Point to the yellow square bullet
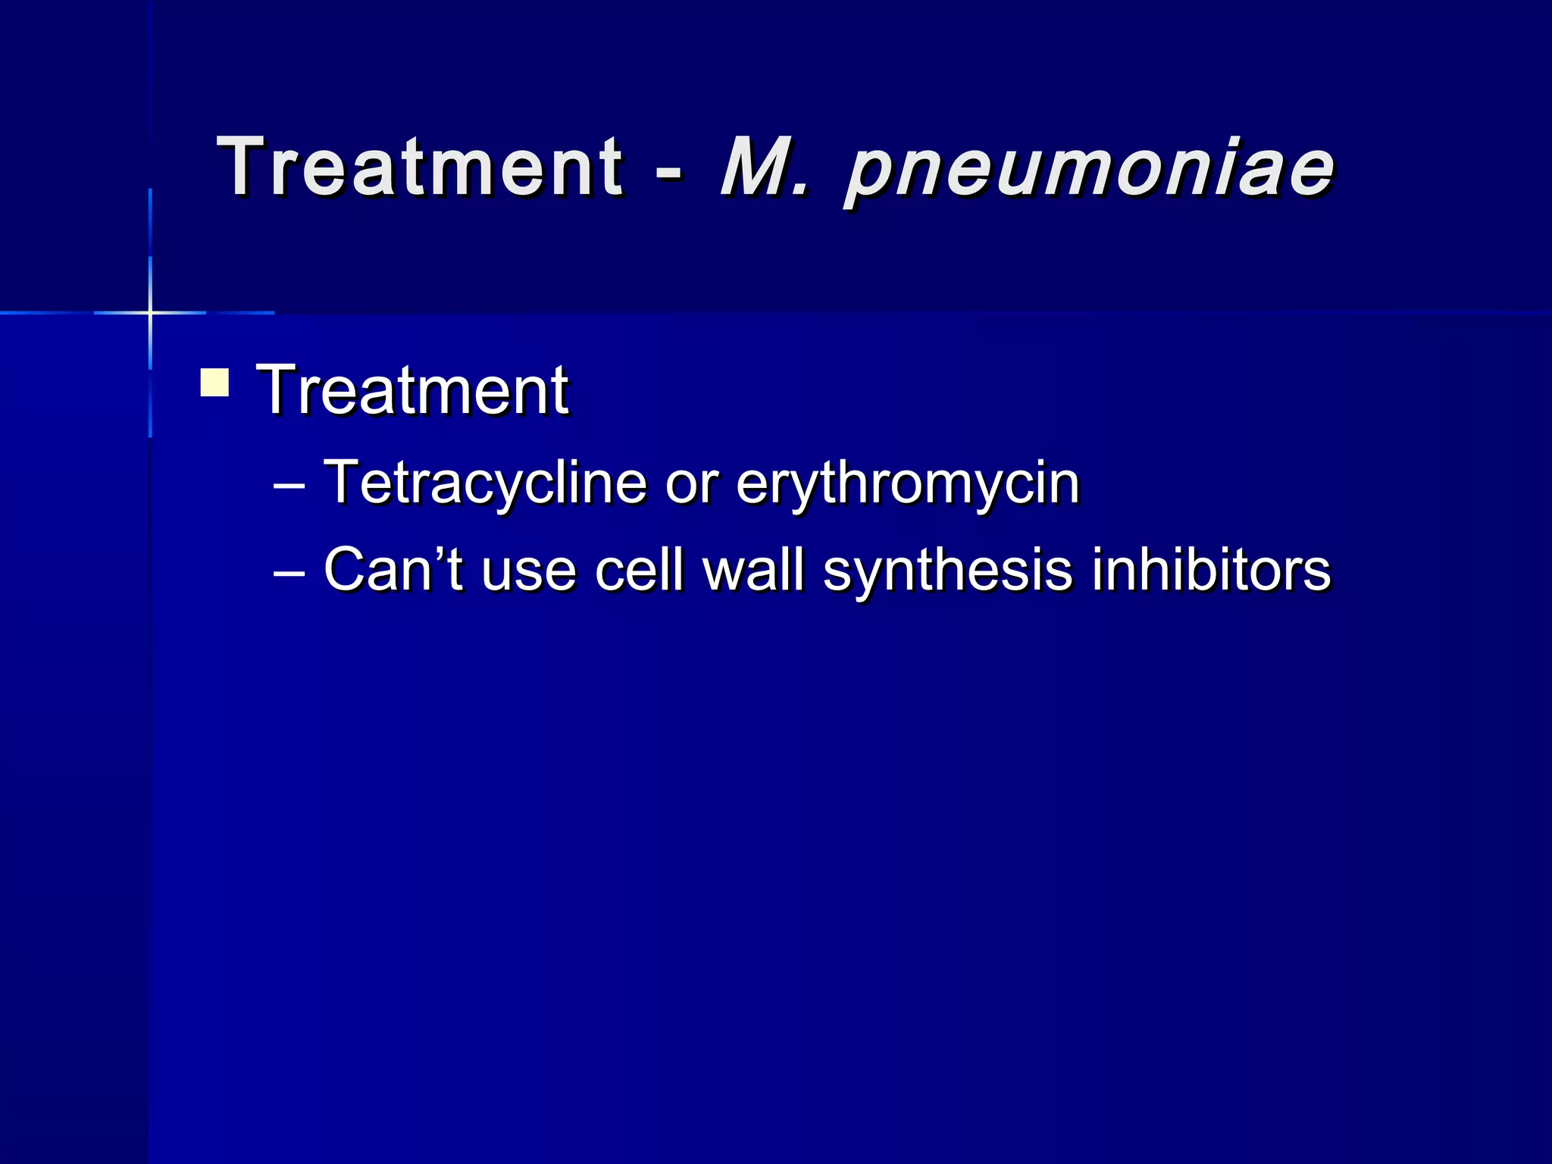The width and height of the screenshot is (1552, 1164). coord(214,382)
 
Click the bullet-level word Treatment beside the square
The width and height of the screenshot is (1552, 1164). coord(412,390)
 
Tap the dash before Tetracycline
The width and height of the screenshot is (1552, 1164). coord(289,485)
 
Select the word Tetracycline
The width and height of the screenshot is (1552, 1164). coord(485,482)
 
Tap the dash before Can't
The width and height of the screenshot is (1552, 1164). coord(289,573)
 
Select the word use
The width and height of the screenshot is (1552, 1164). coord(528,573)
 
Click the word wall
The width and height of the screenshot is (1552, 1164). coord(753,570)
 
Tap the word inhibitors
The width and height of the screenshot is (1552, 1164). coord(1210,570)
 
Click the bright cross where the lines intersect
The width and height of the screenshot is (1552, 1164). coord(150,312)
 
